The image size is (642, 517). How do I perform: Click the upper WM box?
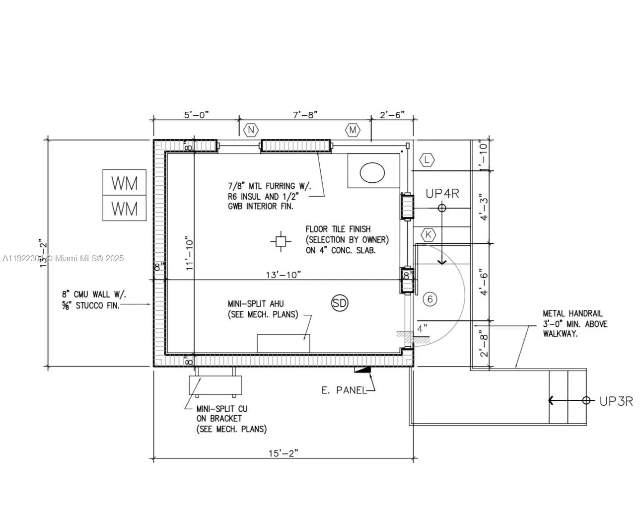click(x=124, y=183)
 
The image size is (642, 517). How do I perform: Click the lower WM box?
click(x=124, y=209)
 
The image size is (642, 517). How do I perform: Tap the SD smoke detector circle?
click(x=340, y=303)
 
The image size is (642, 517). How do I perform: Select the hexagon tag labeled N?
click(x=251, y=130)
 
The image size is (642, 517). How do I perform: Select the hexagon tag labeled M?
click(x=353, y=130)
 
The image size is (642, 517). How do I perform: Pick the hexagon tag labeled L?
click(x=427, y=160)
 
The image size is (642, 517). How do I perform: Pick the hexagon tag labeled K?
click(x=428, y=235)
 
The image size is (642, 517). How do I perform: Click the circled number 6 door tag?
click(x=430, y=299)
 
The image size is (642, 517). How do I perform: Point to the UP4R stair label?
click(x=442, y=194)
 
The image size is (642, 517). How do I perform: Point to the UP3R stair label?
click(x=616, y=401)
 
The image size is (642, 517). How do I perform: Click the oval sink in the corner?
click(x=372, y=173)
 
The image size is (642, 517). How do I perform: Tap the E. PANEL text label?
click(x=344, y=390)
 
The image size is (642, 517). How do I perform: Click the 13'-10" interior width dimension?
click(x=283, y=275)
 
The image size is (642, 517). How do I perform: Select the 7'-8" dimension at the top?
click(x=305, y=115)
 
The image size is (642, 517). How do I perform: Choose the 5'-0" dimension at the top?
click(x=197, y=115)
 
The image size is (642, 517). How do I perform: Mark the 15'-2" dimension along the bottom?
click(x=283, y=453)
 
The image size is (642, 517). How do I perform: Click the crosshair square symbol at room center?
click(x=281, y=241)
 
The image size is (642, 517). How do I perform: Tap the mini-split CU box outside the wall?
click(x=215, y=385)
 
